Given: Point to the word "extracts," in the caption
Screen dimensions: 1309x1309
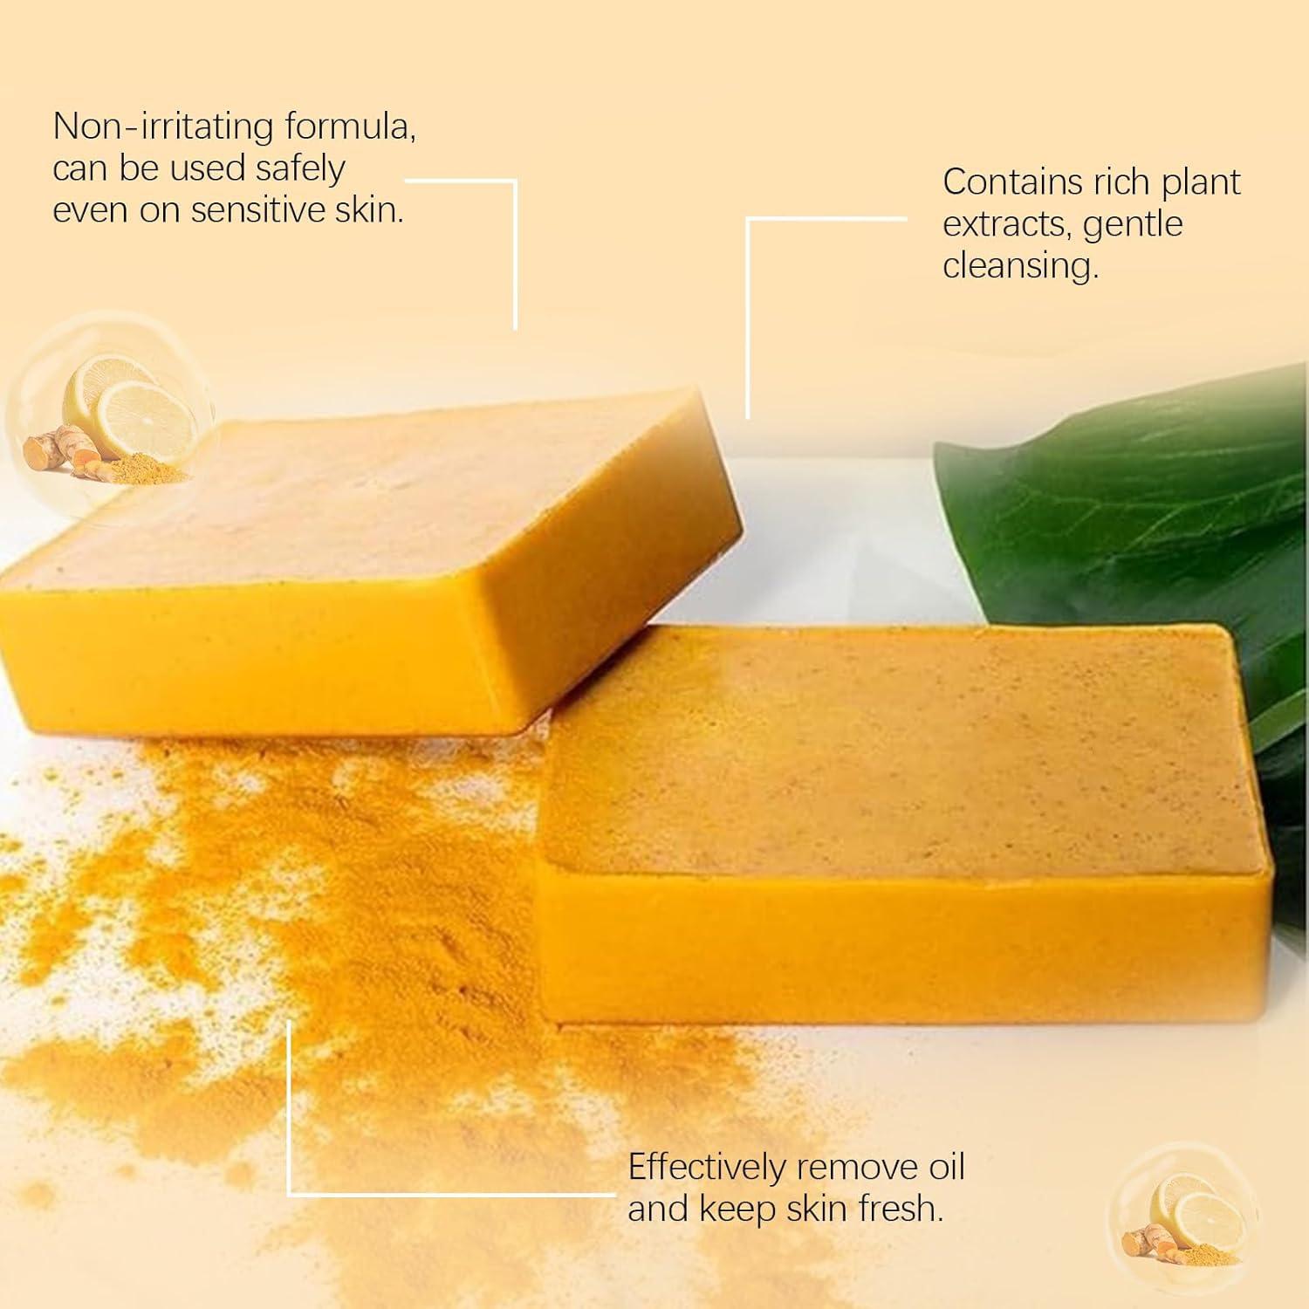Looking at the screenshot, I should [x=1007, y=224].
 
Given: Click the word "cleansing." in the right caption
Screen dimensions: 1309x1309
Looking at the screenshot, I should [x=1020, y=265].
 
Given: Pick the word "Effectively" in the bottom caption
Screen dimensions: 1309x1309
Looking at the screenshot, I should [x=705, y=1168].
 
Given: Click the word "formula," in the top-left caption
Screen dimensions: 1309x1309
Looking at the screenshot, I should [x=350, y=127].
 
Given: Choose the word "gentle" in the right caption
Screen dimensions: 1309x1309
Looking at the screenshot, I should [x=1133, y=224].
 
